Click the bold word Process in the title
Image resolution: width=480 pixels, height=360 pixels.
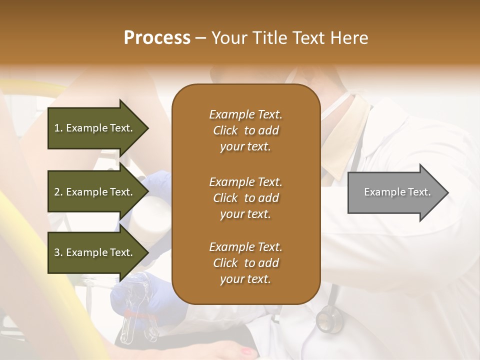click(157, 38)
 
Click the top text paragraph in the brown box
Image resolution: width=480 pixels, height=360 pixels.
click(245, 130)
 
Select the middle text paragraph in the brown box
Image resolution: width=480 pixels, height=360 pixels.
click(245, 198)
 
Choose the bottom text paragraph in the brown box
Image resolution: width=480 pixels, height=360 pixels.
click(245, 263)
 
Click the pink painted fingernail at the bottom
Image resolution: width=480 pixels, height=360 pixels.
click(246, 351)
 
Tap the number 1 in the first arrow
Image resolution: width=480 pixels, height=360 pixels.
click(57, 128)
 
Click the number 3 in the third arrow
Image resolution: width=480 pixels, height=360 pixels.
click(57, 252)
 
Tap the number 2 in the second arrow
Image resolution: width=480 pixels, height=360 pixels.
click(57, 192)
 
